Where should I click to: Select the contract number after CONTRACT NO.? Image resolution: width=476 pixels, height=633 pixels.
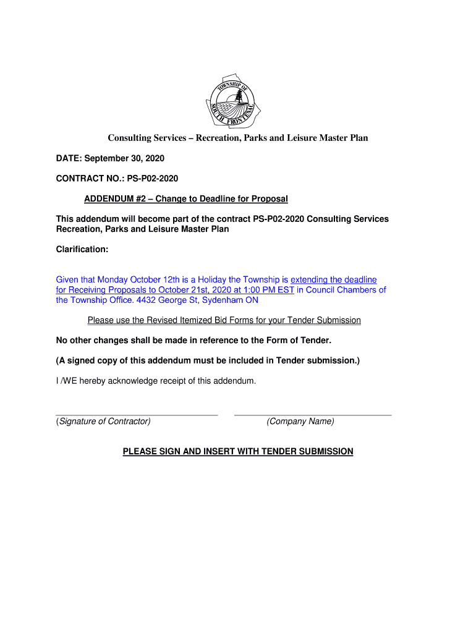[x=152, y=179]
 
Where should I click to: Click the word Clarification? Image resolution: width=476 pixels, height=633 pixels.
[x=82, y=249]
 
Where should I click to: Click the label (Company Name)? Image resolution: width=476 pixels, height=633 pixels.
[x=300, y=422]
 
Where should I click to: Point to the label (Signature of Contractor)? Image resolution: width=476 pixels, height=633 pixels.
[x=103, y=422]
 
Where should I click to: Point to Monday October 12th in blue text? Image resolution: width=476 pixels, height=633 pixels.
[x=134, y=280]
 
